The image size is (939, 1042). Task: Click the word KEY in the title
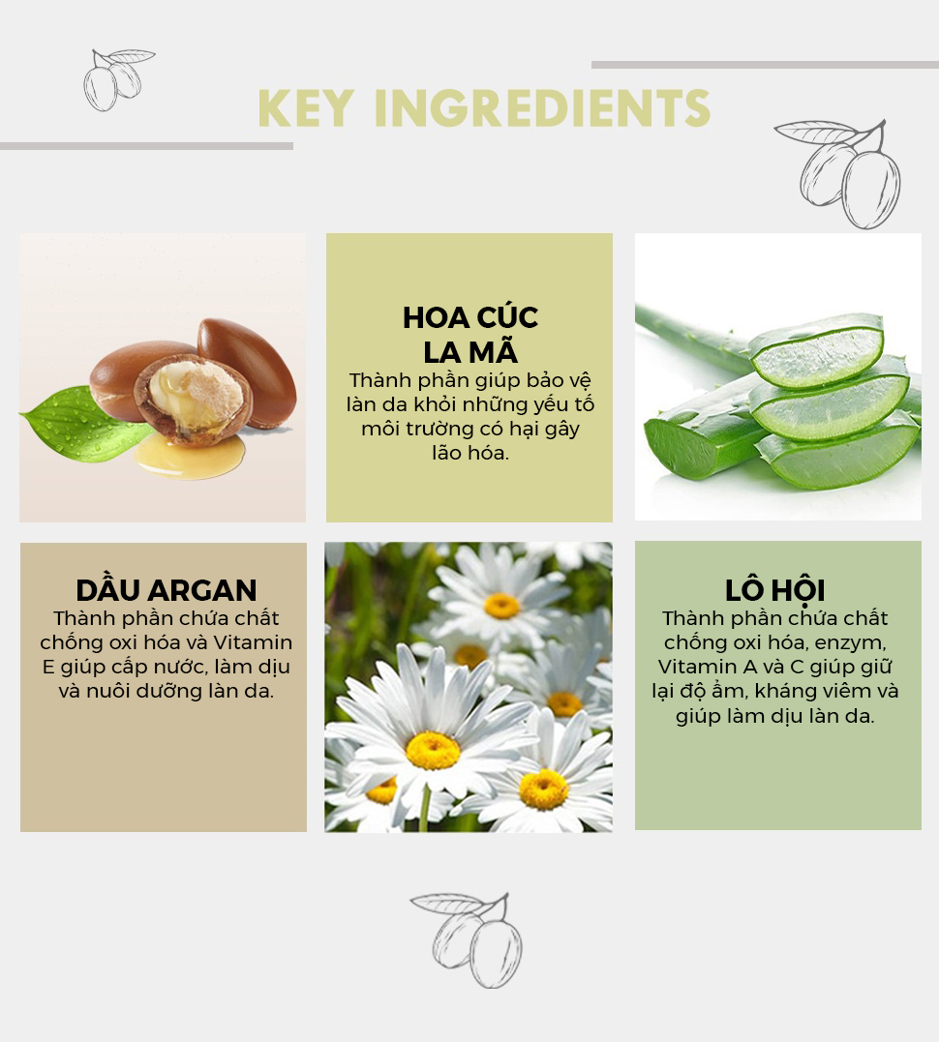pos(306,107)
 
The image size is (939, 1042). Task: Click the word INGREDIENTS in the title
pos(543,107)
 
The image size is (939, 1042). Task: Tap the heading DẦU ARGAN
pos(167,589)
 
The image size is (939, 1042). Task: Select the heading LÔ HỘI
pos(774,590)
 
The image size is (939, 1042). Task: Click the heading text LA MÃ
pos(470,351)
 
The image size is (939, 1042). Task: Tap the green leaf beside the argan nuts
pos(83,423)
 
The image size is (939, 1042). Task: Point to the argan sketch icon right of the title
pos(839,174)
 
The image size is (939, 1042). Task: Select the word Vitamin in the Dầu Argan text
pos(253,642)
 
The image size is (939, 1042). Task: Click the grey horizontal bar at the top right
pos(765,65)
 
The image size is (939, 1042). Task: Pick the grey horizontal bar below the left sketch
pos(146,146)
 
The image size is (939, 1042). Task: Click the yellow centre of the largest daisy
pos(433,750)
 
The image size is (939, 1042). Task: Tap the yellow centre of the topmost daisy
pos(502,606)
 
